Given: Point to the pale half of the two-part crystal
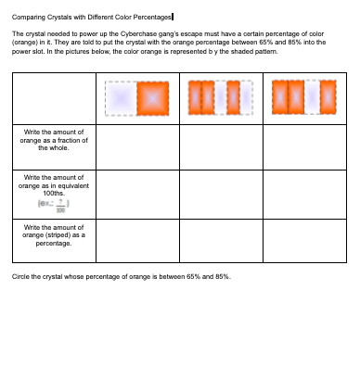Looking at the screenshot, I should (119, 97).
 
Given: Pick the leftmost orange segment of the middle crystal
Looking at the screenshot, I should (195, 97).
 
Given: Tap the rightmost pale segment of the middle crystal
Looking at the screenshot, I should (247, 97).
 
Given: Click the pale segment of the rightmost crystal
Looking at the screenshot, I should (313, 97).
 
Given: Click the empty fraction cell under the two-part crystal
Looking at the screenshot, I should (137, 145).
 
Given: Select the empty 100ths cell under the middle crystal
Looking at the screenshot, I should (220, 192).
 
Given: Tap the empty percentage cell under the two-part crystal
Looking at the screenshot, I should (137, 240).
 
